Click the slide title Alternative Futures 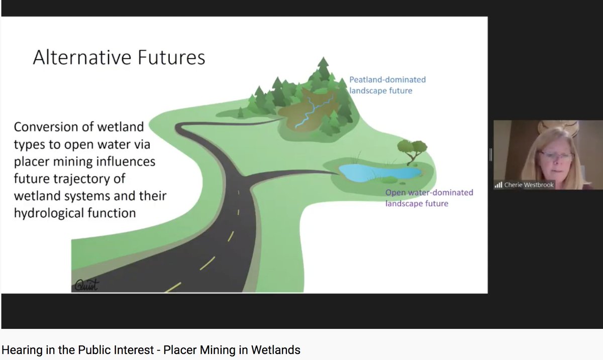(x=119, y=58)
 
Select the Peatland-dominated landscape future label (x=387, y=85)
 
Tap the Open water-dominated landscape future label (x=429, y=198)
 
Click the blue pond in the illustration (x=379, y=172)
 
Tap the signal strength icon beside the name (x=498, y=185)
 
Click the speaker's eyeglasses (x=556, y=155)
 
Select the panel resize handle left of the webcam (x=490, y=155)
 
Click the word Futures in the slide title (x=170, y=58)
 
